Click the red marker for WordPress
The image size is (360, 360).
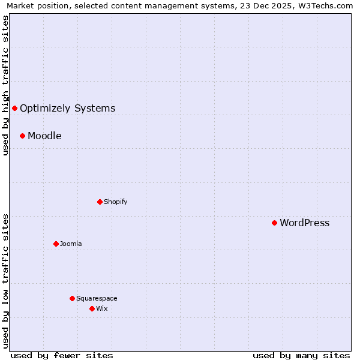click(274, 223)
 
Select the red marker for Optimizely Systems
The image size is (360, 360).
click(14, 108)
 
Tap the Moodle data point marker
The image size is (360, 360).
click(22, 136)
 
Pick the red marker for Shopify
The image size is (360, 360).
click(100, 202)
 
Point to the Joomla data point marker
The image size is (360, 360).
click(56, 244)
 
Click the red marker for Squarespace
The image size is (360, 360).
click(72, 298)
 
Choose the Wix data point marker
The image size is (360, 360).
click(92, 308)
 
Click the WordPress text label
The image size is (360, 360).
click(304, 223)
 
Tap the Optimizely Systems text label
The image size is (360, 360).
click(67, 109)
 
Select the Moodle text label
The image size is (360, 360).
click(44, 136)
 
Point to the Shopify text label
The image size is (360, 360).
click(115, 202)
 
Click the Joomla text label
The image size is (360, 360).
click(71, 244)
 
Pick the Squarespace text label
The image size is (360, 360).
click(97, 299)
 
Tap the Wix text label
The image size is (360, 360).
click(101, 309)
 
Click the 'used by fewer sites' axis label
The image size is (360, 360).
click(62, 355)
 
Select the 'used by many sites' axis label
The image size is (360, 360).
click(301, 355)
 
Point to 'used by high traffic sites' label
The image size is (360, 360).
click(6, 85)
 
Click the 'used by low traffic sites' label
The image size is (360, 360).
click(6, 280)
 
